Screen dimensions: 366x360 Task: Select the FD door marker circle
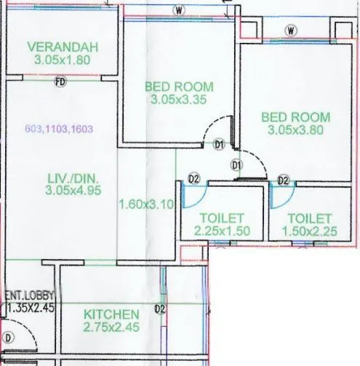60,81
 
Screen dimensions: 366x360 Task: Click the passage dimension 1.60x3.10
146,204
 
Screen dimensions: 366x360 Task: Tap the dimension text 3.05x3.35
179,100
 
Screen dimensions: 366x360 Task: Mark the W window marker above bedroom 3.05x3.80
291,31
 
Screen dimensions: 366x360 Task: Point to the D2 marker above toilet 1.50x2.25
284,180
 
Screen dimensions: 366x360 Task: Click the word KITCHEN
111,314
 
